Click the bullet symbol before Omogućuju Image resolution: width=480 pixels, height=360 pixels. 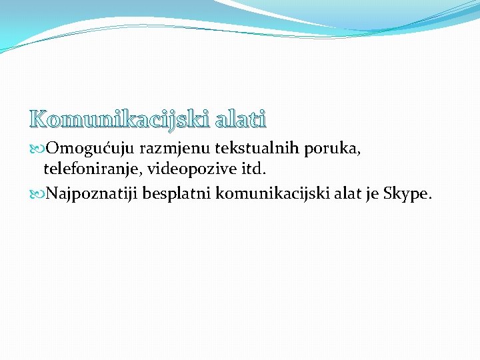(x=37, y=149)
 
